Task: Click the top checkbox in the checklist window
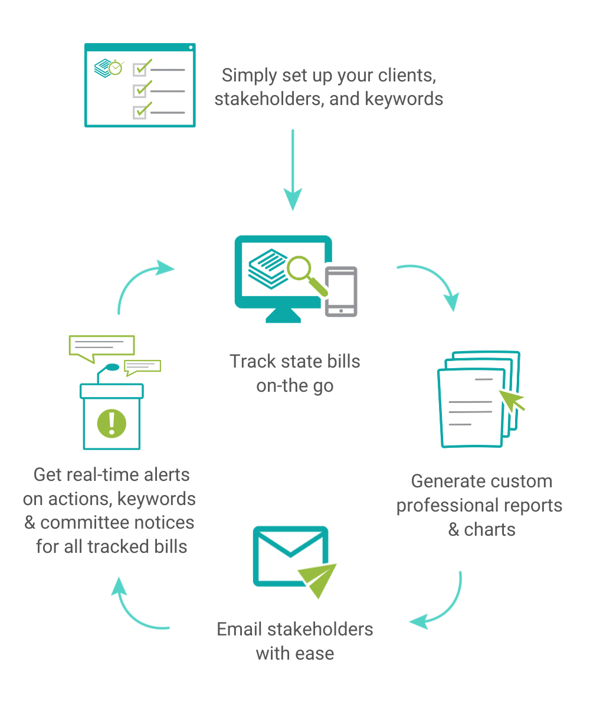tap(140, 70)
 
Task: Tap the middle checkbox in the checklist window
tap(140, 90)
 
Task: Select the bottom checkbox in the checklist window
tap(140, 111)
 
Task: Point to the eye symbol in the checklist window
tap(110, 69)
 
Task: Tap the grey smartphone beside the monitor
tap(342, 292)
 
